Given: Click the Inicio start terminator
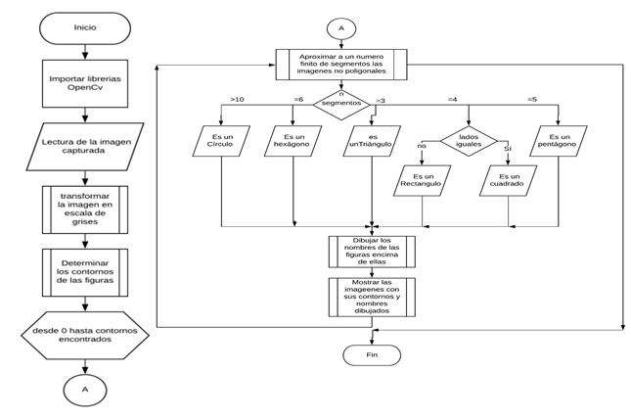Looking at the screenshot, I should (x=85, y=26).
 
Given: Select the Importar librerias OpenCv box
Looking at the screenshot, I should (x=85, y=85).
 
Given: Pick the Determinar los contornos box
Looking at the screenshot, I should (x=85, y=274).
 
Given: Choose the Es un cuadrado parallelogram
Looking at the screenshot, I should (x=510, y=182).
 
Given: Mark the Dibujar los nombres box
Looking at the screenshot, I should (x=370, y=252).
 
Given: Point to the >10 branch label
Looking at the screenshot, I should (x=237, y=99).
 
